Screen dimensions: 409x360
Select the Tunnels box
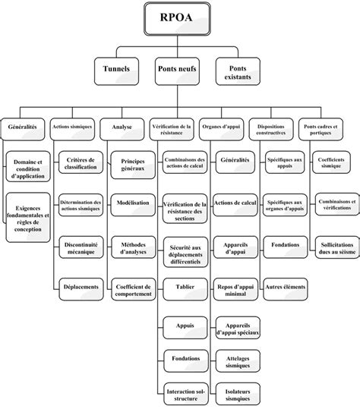coord(115,69)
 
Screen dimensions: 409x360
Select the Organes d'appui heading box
coord(221,127)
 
